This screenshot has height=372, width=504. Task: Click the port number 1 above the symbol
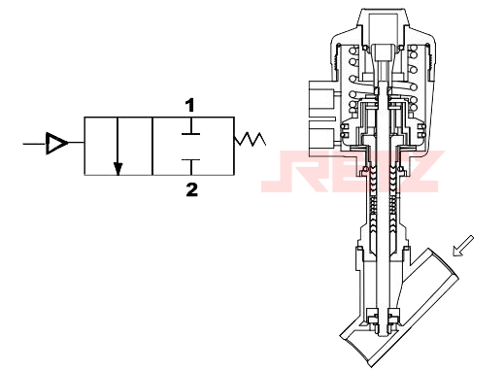tap(190, 106)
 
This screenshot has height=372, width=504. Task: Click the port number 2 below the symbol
tap(191, 189)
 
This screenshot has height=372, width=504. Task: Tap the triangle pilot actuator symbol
tap(56, 143)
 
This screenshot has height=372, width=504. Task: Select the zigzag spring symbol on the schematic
tap(250, 139)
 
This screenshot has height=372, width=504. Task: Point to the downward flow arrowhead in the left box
tap(118, 169)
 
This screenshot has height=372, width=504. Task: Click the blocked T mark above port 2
tap(190, 167)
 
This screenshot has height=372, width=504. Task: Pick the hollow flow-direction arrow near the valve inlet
tap(462, 246)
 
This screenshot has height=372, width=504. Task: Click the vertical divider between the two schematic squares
tap(152, 147)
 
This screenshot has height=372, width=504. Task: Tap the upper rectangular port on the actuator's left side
tap(321, 98)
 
